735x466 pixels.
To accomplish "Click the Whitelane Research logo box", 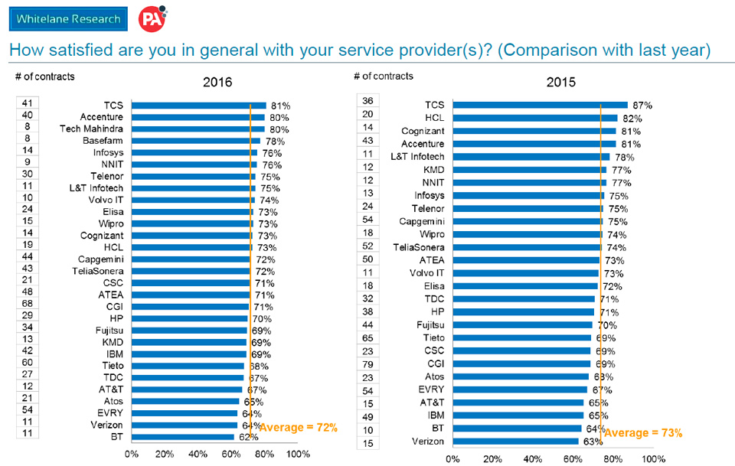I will click(x=68, y=19).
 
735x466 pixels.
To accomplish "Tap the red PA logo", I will click(x=150, y=18).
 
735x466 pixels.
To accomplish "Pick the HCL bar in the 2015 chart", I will click(x=534, y=118).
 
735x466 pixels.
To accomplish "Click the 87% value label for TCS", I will click(x=642, y=105).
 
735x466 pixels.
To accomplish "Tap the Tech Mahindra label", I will click(x=92, y=129).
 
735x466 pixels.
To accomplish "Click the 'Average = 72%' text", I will click(x=298, y=427).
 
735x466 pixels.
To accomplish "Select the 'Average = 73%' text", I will click(x=643, y=432).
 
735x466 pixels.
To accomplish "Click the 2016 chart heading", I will click(x=217, y=83).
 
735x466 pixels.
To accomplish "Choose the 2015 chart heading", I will click(x=560, y=83).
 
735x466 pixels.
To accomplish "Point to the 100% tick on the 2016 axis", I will click(x=297, y=454).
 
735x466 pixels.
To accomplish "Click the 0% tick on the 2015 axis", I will click(x=452, y=458).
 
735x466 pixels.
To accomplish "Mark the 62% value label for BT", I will click(x=247, y=438).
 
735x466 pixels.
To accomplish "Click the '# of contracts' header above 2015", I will click(x=384, y=76).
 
